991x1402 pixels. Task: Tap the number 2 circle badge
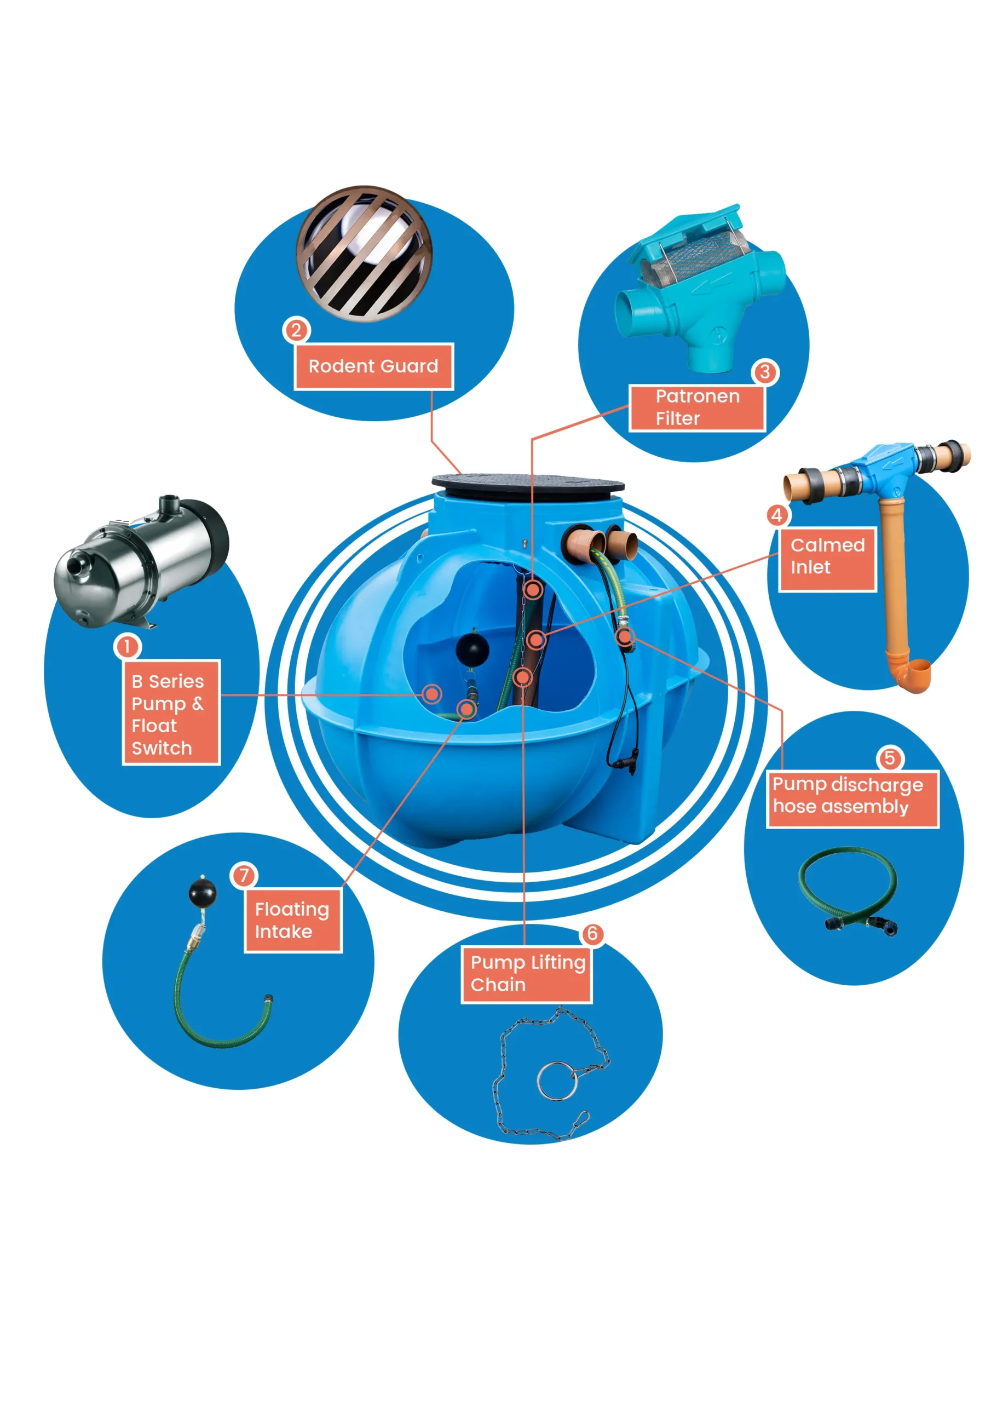coord(296,330)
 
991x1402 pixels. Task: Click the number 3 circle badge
coord(764,372)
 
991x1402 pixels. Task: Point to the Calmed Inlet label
coord(827,556)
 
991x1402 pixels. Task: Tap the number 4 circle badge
coord(777,515)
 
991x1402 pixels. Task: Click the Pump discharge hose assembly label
coord(852,796)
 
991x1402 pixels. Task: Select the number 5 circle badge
coord(890,758)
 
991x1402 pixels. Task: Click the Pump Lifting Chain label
coord(527,973)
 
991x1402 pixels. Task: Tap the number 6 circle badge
coord(592,934)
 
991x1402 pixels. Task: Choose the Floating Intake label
coord(292,920)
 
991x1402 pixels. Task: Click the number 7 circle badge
coord(244,876)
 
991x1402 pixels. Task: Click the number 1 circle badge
coord(127,646)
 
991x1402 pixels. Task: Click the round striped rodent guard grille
coord(365,253)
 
